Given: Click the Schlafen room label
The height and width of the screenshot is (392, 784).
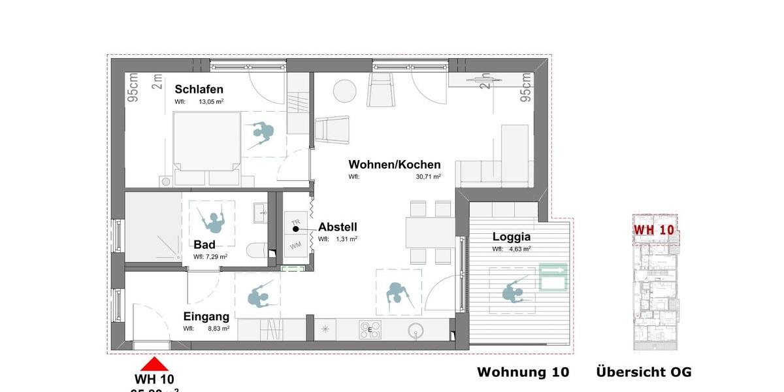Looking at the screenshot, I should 199,90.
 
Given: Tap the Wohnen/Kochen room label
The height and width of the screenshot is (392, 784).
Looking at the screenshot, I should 394,165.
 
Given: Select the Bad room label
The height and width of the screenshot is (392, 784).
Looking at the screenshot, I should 204,244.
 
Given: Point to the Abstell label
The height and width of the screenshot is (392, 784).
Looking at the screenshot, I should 337,227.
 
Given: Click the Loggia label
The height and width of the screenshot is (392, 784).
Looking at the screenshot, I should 511,237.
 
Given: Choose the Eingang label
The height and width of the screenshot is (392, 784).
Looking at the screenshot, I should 206,317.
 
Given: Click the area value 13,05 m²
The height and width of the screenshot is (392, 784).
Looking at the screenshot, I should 211,102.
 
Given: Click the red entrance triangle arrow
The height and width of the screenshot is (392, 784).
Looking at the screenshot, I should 154,364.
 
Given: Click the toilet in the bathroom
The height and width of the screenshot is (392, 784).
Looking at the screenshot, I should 257,250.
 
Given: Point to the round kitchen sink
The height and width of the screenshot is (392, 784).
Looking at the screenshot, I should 416,330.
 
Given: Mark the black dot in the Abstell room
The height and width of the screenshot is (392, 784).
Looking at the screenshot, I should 295,229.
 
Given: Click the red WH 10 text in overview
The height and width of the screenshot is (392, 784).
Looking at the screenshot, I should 653,230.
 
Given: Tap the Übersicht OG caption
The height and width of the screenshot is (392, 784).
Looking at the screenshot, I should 644,372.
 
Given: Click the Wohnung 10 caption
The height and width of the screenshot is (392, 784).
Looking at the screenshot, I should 523,372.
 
